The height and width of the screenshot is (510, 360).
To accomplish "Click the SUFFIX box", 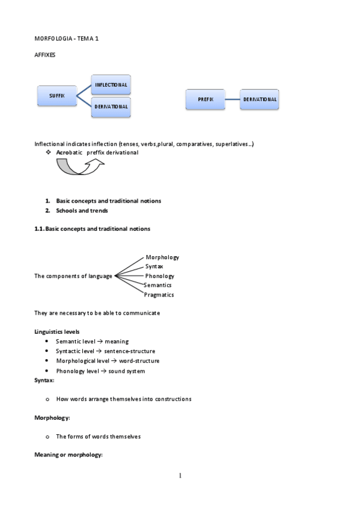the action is coord(56,96).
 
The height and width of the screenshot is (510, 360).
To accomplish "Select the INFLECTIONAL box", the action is coord(111,85).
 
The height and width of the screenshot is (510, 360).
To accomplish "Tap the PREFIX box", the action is coord(205,99).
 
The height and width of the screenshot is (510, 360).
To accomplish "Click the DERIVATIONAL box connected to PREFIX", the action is coord(260,99).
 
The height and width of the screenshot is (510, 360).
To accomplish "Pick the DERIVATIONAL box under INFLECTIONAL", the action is coord(111,106).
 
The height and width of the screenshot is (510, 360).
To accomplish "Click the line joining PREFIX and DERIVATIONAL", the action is coord(232,99).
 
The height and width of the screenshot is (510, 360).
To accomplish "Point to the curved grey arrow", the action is coord(78,168).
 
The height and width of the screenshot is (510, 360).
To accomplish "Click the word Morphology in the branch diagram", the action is coord(162,257).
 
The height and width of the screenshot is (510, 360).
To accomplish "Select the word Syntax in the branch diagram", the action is coord(154,266).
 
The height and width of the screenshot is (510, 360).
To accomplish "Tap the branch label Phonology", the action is coord(159,275).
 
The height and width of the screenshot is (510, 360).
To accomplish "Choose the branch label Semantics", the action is coord(158,285).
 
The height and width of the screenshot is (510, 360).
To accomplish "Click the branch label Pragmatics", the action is coord(159,295).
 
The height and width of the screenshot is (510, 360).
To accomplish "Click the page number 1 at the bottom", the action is coord(180,476).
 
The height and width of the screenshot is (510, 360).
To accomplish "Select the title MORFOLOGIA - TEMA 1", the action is coord(66,38).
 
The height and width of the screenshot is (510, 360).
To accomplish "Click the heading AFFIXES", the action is coord(46,55).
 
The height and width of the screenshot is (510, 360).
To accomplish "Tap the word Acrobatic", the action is coord(69,153).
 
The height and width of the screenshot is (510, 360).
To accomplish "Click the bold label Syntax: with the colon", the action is coord(44,381).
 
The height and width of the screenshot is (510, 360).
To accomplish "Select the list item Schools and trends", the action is coord(82,211).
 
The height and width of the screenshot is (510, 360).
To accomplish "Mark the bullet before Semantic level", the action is coord(47,342).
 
